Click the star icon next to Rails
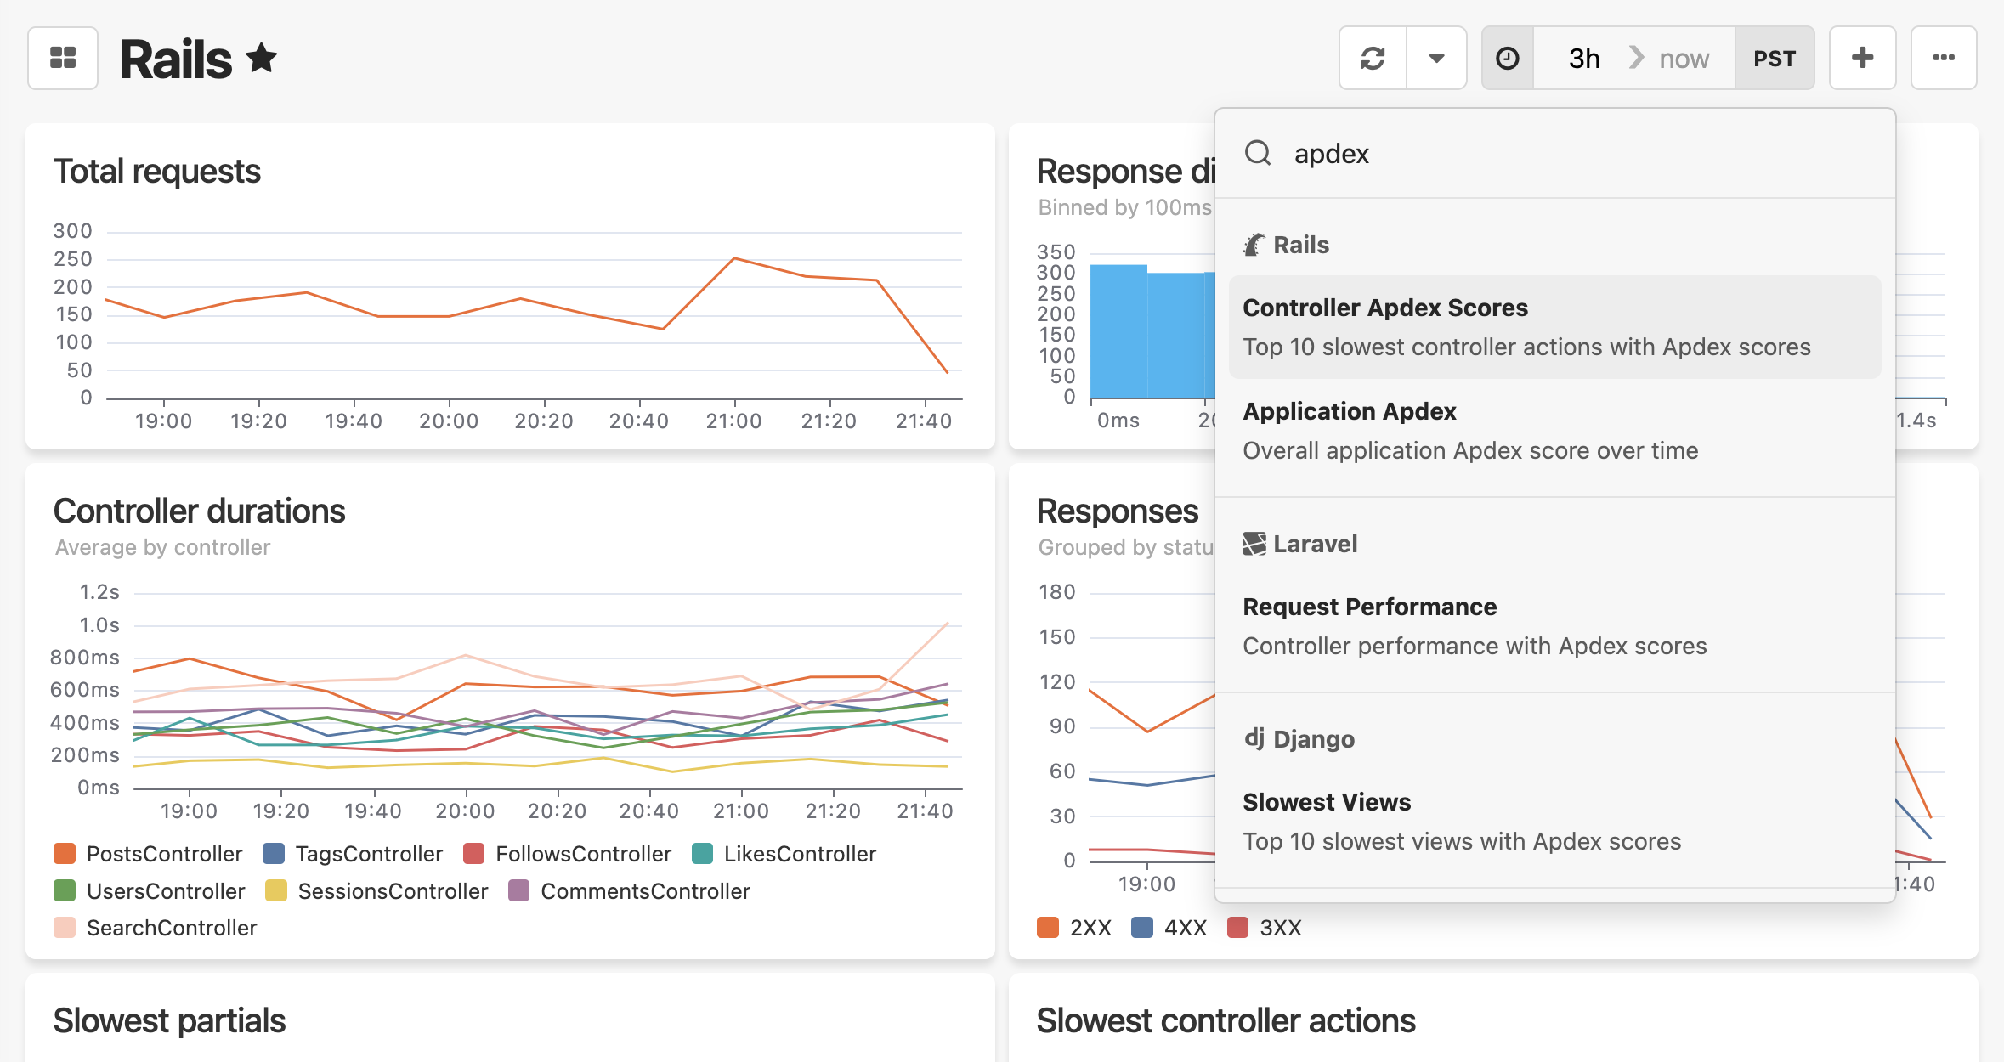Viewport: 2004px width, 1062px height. pos(262,58)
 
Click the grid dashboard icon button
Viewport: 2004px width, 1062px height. pos(63,58)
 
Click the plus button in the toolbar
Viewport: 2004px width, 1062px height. pos(1862,58)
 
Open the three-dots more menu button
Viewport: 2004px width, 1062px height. pos(1943,58)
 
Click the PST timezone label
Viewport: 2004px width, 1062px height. pos(1775,59)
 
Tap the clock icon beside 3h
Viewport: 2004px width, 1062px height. pos(1508,58)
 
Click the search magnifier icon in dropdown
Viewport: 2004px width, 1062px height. pos(1258,153)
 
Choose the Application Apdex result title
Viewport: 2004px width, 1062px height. pos(1350,411)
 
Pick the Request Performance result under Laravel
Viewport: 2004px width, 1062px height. pos(1370,607)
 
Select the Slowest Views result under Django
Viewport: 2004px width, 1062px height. pos(1327,802)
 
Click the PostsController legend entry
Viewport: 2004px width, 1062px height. pos(148,854)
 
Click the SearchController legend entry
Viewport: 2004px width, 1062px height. pos(155,928)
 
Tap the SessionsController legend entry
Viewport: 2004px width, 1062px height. pos(376,891)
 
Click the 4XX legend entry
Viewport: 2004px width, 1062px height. pos(1169,928)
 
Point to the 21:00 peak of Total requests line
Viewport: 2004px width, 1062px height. pos(734,257)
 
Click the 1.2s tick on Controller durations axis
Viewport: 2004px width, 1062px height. pos(99,592)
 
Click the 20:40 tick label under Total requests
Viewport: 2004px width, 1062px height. pos(638,421)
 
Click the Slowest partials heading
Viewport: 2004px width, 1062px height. pos(169,1020)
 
